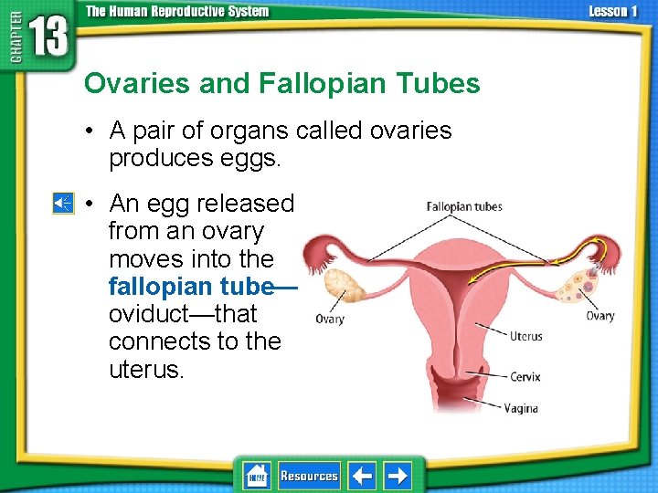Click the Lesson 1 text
[x=613, y=11]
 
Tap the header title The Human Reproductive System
[x=177, y=11]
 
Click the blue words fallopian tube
[x=190, y=287]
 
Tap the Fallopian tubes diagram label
[x=464, y=206]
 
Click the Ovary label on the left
[x=330, y=320]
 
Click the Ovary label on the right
[x=600, y=316]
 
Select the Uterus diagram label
[x=525, y=337]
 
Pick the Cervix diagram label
[x=525, y=376]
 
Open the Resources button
[x=309, y=476]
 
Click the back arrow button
[x=363, y=476]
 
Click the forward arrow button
[x=397, y=476]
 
